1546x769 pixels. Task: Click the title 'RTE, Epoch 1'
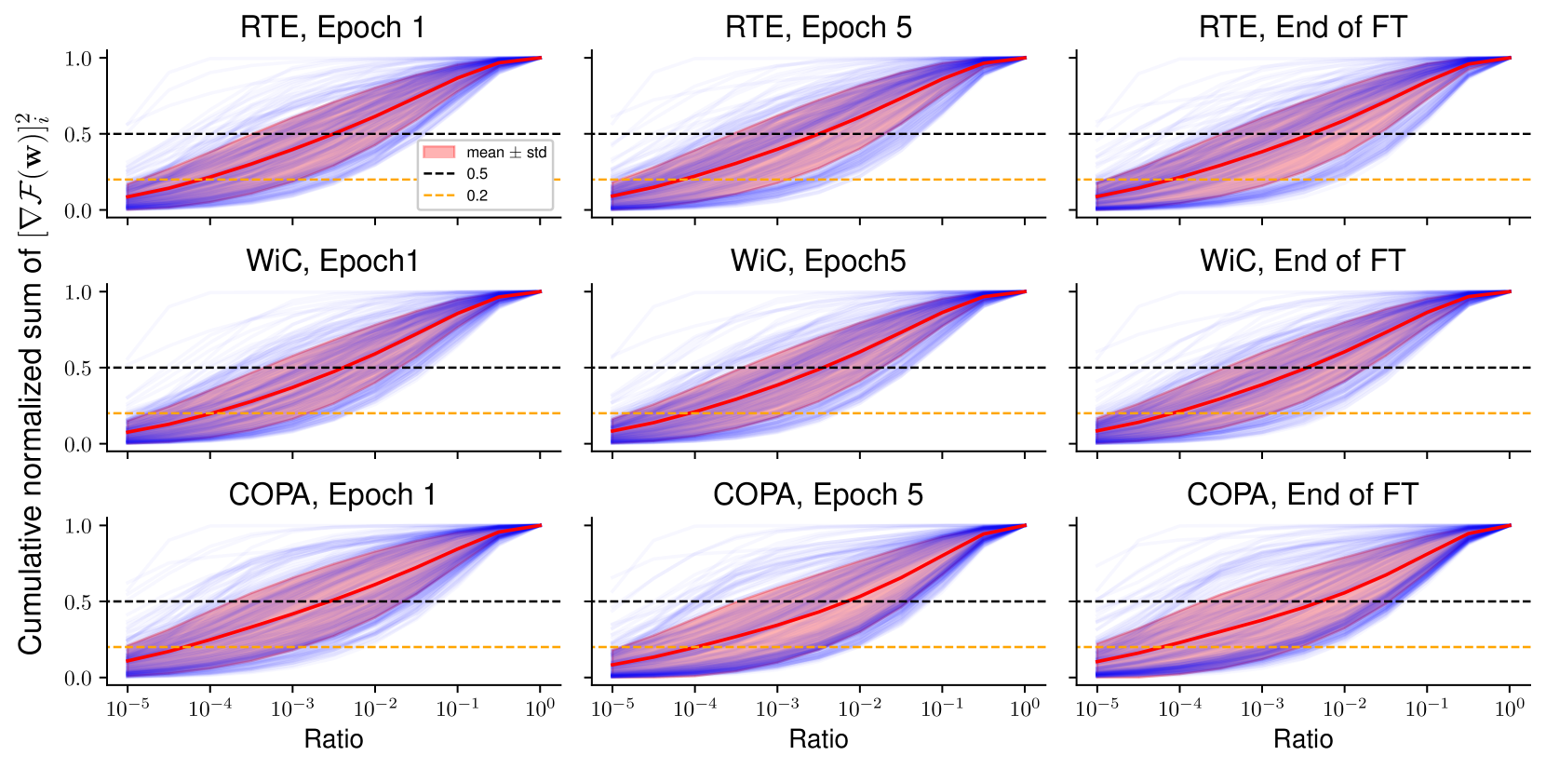click(x=332, y=28)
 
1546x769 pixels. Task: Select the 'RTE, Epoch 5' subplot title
click(x=818, y=28)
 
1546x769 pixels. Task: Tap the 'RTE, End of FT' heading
click(x=1302, y=28)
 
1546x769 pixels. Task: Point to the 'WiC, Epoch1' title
click(x=332, y=262)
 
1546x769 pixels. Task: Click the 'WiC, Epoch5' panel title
click(x=818, y=262)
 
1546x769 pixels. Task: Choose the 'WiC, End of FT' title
click(x=1302, y=262)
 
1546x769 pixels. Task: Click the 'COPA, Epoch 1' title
click(x=332, y=495)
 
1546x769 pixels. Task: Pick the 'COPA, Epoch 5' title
click(x=818, y=495)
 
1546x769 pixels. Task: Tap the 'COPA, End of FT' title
click(x=1302, y=495)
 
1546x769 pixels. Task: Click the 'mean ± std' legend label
click(x=506, y=153)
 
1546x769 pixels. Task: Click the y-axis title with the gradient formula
click(x=32, y=384)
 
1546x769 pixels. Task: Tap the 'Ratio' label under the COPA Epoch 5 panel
click(x=818, y=739)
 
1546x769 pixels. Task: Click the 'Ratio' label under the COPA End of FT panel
click(x=1302, y=739)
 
